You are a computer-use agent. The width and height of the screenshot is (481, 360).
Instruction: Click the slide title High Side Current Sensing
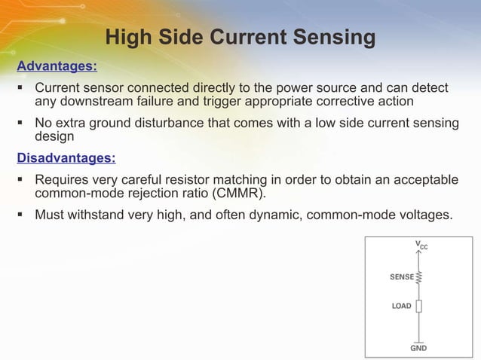(x=240, y=37)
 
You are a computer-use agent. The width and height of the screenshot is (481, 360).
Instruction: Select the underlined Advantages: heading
(x=57, y=66)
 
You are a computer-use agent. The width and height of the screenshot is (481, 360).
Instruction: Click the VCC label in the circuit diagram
(x=421, y=246)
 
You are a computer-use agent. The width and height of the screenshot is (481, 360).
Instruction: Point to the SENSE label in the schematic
(x=401, y=277)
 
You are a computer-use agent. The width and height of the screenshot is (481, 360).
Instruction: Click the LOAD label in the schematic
(x=401, y=307)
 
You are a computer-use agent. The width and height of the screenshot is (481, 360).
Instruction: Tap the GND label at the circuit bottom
(x=418, y=349)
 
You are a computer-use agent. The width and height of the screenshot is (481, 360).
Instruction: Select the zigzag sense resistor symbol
(x=419, y=277)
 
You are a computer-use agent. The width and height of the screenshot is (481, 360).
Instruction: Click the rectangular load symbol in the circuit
(x=419, y=307)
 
